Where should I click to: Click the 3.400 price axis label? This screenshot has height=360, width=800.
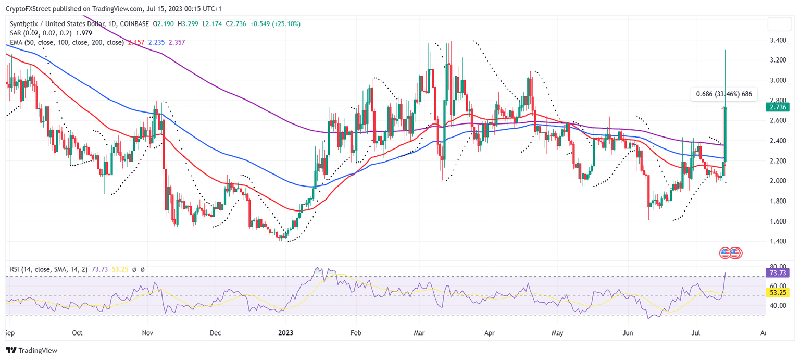(x=778, y=40)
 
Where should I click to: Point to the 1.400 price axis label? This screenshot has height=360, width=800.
(x=778, y=241)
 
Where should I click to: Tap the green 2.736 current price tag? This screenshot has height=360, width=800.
(x=778, y=107)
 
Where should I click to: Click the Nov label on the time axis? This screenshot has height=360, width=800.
(x=147, y=332)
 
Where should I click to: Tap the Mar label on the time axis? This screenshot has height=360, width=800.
(x=420, y=332)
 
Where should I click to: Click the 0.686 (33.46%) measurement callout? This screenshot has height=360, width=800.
(x=724, y=95)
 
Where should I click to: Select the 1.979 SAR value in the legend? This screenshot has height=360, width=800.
(x=75, y=33)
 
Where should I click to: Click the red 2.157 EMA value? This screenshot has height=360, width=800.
(x=136, y=42)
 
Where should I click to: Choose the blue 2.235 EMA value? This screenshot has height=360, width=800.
(x=157, y=42)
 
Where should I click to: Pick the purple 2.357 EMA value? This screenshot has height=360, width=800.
(x=177, y=42)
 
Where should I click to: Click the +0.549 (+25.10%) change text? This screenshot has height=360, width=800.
(x=276, y=24)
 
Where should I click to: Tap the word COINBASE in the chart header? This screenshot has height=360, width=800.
(x=133, y=24)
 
